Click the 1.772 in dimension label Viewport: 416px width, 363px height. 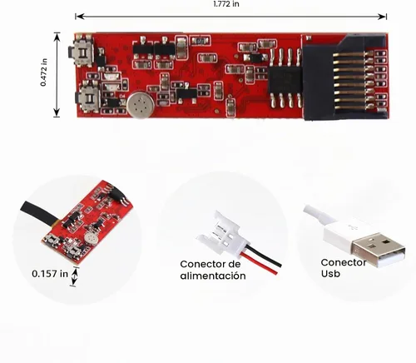pyautogui.click(x=226, y=4)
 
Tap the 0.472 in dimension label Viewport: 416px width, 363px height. pyautogui.click(x=43, y=72)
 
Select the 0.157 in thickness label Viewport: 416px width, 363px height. pyautogui.click(x=50, y=274)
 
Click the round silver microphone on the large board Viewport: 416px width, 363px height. pyautogui.click(x=141, y=106)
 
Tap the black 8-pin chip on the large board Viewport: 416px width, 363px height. pyautogui.click(x=285, y=78)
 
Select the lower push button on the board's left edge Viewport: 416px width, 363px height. pyautogui.click(x=87, y=97)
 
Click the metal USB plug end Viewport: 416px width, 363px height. pyautogui.click(x=379, y=249)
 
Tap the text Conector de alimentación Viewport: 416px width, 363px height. pyautogui.click(x=213, y=270)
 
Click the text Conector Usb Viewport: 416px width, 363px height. pyautogui.click(x=343, y=268)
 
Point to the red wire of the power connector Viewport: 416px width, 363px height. pyautogui.click(x=260, y=264)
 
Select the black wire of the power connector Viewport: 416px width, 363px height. pyautogui.click(x=264, y=256)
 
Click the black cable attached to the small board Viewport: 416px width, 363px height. pyautogui.click(x=39, y=211)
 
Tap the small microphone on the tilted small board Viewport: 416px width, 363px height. pyautogui.click(x=89, y=237)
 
